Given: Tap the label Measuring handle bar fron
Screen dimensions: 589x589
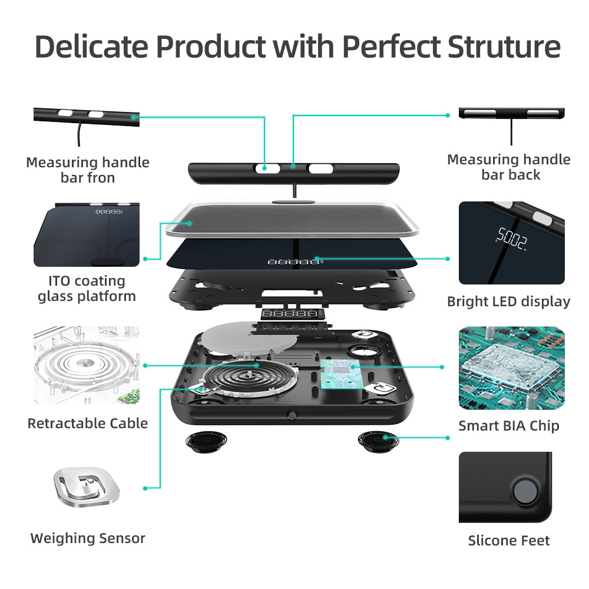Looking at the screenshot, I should click(x=88, y=170).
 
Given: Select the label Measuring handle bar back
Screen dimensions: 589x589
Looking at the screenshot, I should click(x=509, y=167).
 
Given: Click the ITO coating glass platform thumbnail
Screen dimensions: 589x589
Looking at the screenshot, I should click(x=87, y=234).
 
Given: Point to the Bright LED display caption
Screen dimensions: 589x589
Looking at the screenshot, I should click(x=509, y=302).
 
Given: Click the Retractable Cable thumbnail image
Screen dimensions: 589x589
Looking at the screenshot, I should click(x=87, y=365).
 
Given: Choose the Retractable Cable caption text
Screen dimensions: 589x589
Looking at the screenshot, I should click(x=88, y=423).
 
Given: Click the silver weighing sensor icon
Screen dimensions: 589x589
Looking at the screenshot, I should click(x=87, y=487).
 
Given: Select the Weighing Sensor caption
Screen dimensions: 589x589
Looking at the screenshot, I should click(x=88, y=538).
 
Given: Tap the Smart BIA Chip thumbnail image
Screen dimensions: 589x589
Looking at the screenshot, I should click(x=511, y=368).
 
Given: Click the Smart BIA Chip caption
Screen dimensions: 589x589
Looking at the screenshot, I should click(x=509, y=425).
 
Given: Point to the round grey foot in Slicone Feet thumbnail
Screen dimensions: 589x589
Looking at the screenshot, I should click(x=524, y=489).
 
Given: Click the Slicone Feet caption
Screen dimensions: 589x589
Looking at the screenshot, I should click(x=509, y=540).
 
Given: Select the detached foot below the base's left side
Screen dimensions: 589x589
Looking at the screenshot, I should click(x=203, y=441).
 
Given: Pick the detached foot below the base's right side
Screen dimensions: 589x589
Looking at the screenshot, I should click(x=376, y=440).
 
